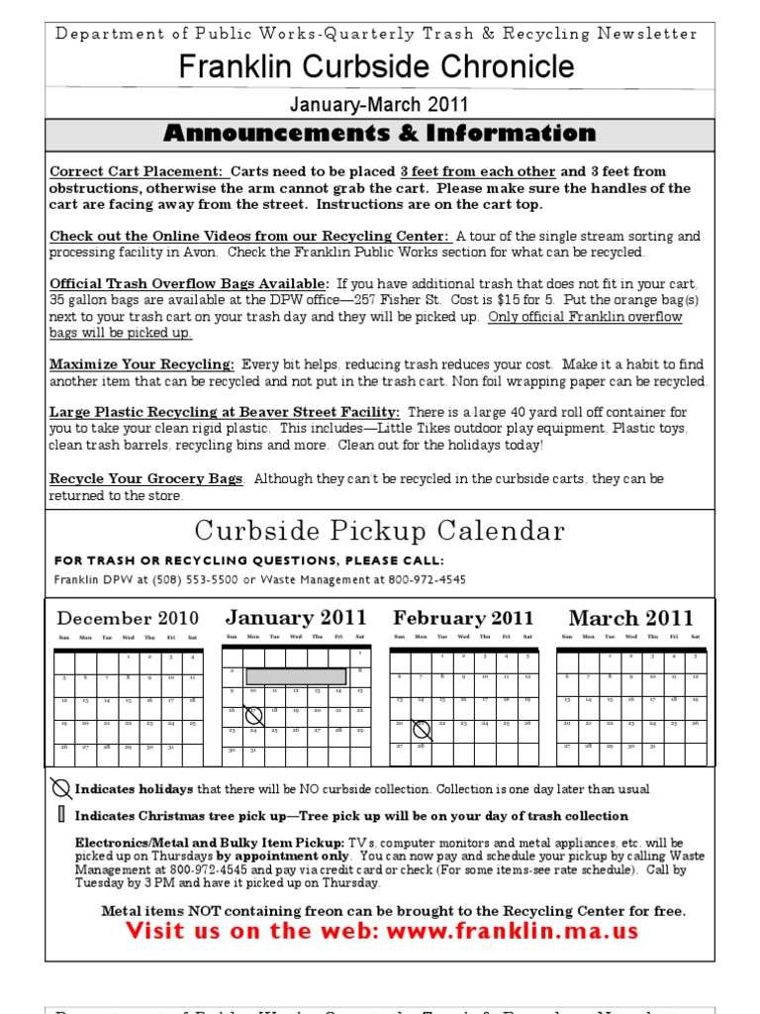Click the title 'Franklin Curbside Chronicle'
pos(376,67)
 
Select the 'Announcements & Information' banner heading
pos(380,134)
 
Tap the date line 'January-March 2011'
pos(379,104)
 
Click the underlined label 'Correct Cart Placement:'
pos(137,171)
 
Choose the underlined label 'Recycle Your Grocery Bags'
pos(146,479)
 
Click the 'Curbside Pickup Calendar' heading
pos(380,532)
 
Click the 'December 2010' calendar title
pos(128,619)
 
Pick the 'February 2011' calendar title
pos(463,619)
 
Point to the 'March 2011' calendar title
pos(631,618)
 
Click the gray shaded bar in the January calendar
pos(296,675)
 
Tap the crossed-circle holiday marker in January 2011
pos(253,714)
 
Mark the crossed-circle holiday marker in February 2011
pos(422,731)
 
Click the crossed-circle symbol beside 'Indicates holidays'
pos(61,788)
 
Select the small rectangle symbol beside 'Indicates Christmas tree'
pos(61,815)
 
